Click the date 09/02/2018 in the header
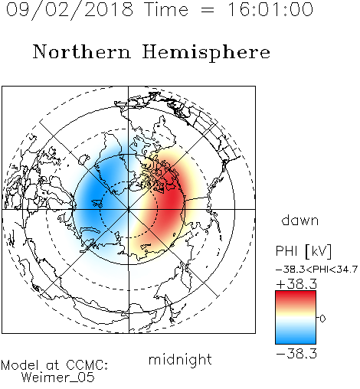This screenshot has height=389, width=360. point(70,10)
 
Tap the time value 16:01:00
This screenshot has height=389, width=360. point(270,9)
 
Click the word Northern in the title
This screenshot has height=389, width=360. point(82,51)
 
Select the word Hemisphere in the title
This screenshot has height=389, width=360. point(206,52)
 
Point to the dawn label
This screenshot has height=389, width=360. point(300,221)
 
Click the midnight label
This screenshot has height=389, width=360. point(180,359)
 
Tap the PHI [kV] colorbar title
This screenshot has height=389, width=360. point(303,251)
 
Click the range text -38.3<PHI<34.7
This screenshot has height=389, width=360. point(316,270)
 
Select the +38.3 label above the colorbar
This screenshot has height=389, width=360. point(296,284)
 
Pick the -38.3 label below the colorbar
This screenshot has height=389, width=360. point(296,354)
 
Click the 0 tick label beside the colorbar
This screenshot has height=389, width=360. point(322,319)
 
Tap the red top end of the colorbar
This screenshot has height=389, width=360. point(296,293)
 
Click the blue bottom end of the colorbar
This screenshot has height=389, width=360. point(296,341)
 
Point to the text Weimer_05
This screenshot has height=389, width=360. point(57,377)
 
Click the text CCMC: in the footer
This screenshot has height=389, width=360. point(87,365)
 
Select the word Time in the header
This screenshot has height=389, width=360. point(166,9)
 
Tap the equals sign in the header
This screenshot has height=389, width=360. point(208,10)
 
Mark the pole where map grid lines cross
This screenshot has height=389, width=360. point(129,209)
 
